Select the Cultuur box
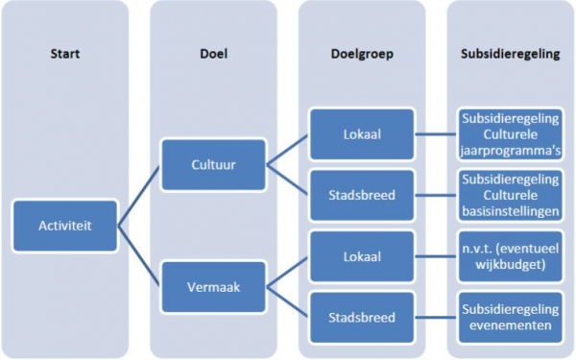click(x=212, y=163)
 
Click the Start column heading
click(x=65, y=54)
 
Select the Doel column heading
click(x=212, y=54)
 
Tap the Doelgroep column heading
click(x=362, y=54)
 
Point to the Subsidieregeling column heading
click(x=510, y=54)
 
